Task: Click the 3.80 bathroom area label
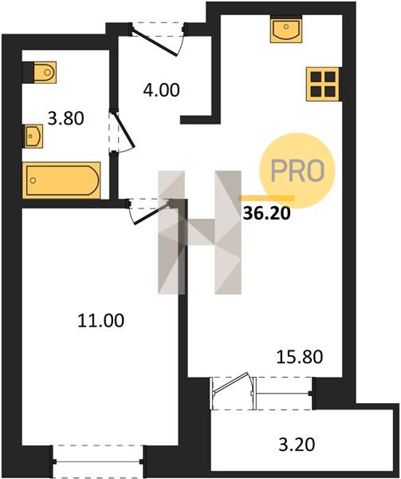tap(66, 118)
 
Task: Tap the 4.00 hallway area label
tap(162, 90)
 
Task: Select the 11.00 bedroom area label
tap(101, 321)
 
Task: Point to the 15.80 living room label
tap(300, 357)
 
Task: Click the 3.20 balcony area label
tap(297, 445)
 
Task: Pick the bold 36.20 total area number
tap(267, 213)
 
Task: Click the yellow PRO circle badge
tap(297, 171)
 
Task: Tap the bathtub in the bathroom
tap(61, 180)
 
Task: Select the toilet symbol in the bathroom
tap(45, 73)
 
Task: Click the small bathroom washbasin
tap(33, 136)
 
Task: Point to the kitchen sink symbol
tap(286, 30)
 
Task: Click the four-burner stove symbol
tap(323, 84)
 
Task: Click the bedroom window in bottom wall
tap(98, 462)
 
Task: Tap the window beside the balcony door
tap(283, 394)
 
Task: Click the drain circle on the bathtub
tap(33, 180)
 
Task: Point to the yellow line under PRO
tap(266, 198)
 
